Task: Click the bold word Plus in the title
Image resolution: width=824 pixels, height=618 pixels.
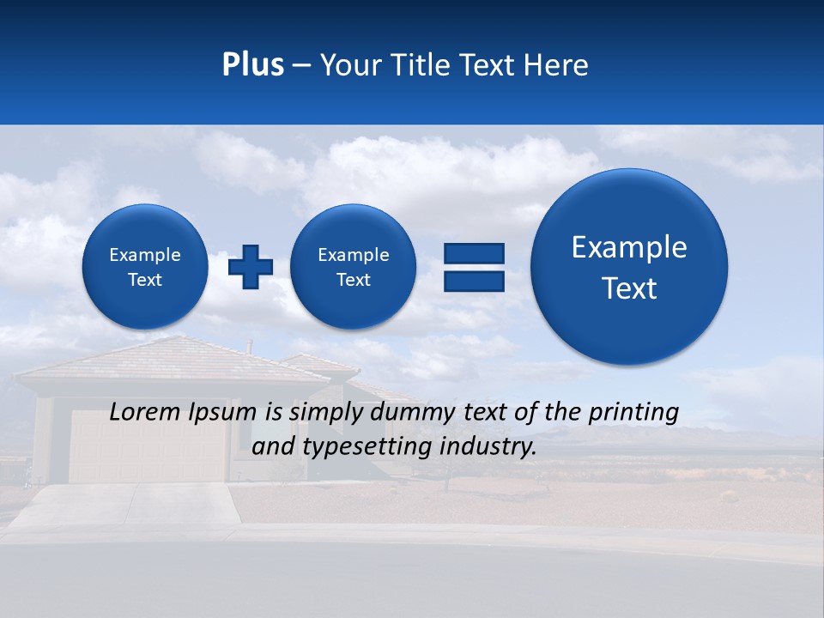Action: (253, 65)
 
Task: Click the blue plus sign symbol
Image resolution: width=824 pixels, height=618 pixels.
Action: (251, 267)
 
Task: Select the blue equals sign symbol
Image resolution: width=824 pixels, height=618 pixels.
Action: (474, 267)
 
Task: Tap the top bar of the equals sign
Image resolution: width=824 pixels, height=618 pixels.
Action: (474, 252)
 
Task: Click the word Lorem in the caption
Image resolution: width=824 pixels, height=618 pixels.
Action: (145, 412)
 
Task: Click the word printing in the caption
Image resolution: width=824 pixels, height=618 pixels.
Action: (632, 413)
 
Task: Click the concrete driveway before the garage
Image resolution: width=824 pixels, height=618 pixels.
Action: (129, 506)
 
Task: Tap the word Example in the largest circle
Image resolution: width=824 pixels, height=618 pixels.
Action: (629, 247)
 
